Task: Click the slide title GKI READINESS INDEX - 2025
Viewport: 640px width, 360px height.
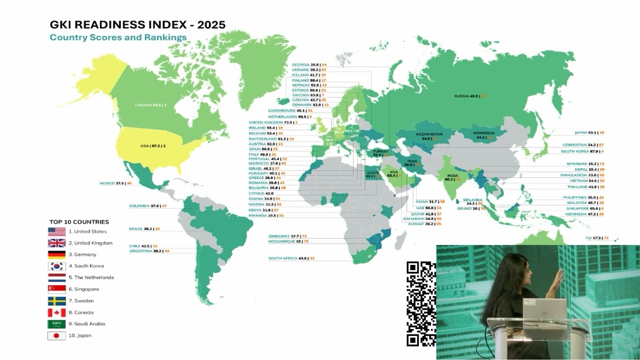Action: click(x=137, y=24)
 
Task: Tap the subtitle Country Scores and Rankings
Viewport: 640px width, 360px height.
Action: click(x=118, y=37)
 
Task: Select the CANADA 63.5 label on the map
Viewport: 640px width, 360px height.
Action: click(x=150, y=105)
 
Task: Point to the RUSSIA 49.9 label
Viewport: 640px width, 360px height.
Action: click(x=469, y=96)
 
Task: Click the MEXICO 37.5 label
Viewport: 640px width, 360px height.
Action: click(x=115, y=183)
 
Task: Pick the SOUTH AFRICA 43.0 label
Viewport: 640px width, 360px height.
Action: click(x=291, y=258)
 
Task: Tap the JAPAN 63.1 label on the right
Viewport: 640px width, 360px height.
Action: click(x=589, y=133)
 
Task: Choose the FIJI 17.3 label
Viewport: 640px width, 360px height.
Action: click(x=597, y=238)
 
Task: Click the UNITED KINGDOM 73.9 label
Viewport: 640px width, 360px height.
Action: click(x=273, y=122)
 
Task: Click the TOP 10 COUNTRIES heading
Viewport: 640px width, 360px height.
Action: click(x=79, y=222)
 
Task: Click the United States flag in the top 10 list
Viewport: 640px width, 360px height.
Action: click(x=56, y=231)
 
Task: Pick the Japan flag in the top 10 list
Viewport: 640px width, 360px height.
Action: click(x=56, y=335)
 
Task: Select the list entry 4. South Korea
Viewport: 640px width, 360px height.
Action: click(x=86, y=266)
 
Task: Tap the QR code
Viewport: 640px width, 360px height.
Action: click(x=420, y=303)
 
